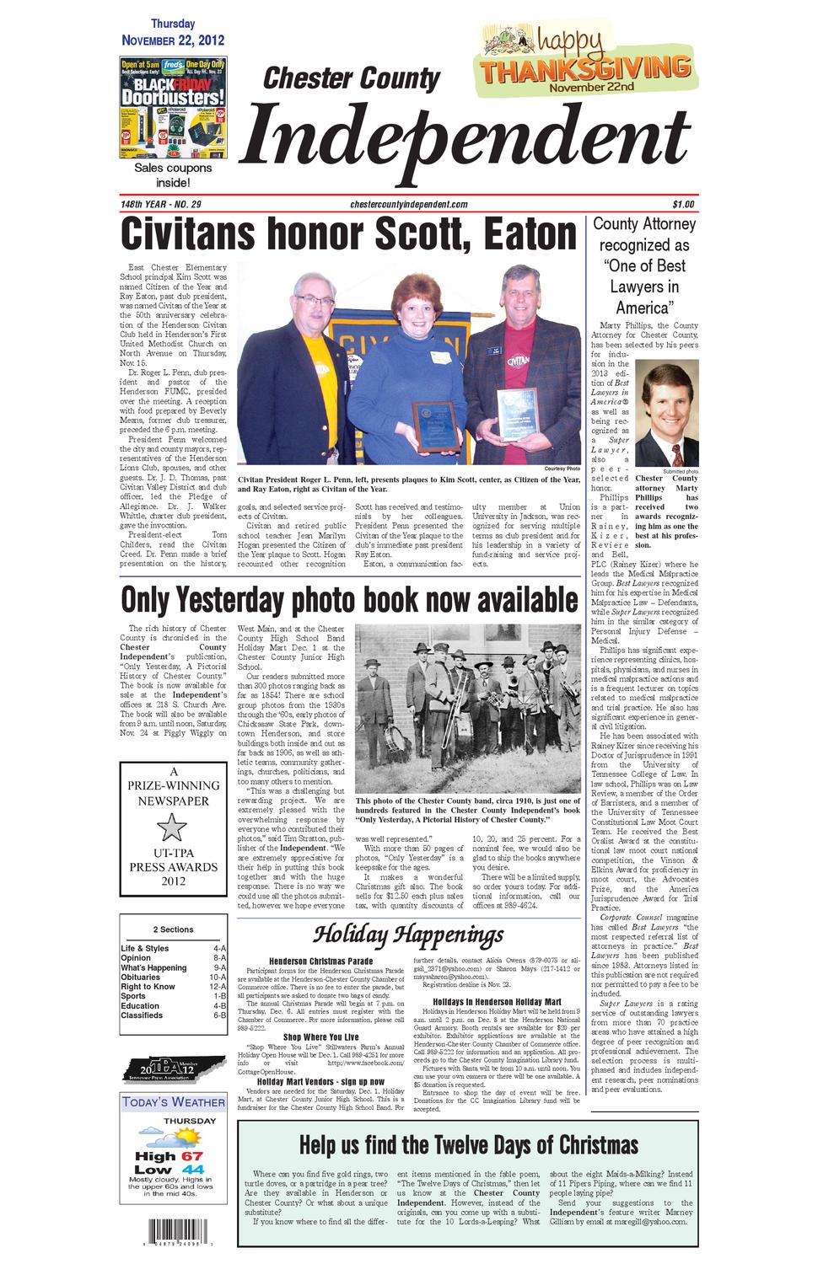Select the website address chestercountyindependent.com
tap(408, 204)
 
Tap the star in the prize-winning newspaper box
tap(172, 828)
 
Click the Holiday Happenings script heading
tap(409, 935)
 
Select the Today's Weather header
tap(173, 1102)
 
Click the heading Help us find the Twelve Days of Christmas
tap(469, 1145)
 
